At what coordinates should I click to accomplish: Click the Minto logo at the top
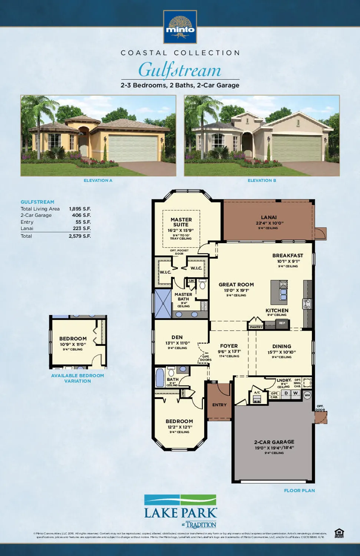(x=180, y=27)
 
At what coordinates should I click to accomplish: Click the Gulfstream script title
(x=180, y=70)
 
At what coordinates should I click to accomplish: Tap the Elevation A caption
(x=98, y=181)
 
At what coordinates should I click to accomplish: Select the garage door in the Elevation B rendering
(x=296, y=148)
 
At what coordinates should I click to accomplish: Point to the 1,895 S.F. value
(x=80, y=209)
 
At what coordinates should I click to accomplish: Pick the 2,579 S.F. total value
(x=80, y=236)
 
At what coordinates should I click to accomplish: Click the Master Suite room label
(x=181, y=222)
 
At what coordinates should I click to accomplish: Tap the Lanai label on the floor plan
(x=269, y=217)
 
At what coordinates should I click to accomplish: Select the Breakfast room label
(x=288, y=255)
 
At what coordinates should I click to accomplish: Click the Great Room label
(x=236, y=284)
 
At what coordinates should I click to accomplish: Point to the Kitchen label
(x=277, y=310)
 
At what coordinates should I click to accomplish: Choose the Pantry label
(x=256, y=327)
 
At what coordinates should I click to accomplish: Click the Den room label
(x=177, y=337)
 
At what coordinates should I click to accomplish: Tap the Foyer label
(x=229, y=346)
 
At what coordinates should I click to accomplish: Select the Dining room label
(x=282, y=346)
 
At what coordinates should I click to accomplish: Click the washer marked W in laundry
(x=295, y=393)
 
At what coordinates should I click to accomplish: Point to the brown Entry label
(x=219, y=405)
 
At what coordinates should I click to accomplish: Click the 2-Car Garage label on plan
(x=274, y=442)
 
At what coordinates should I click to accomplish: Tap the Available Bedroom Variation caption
(x=77, y=378)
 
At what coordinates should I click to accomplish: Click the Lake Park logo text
(x=181, y=513)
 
